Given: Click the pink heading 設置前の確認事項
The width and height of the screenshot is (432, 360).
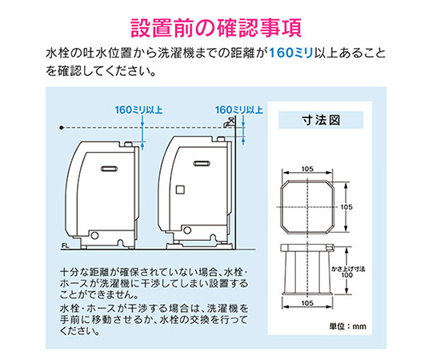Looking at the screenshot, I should (x=216, y=26).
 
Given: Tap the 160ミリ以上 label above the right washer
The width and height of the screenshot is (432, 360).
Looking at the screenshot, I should (x=239, y=109).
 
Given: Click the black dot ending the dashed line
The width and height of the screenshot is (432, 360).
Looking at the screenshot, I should (x=62, y=126).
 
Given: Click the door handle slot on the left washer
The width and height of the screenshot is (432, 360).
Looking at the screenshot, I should (x=110, y=168).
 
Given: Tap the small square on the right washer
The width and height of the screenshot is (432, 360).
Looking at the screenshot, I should (x=179, y=190).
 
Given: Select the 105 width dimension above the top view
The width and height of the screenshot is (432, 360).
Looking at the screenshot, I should (x=308, y=169).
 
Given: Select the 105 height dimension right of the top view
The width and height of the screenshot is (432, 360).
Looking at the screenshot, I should (x=346, y=206).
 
